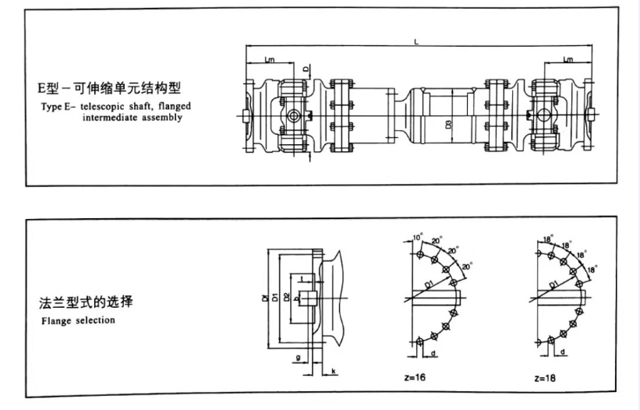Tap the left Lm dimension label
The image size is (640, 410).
[x=269, y=58]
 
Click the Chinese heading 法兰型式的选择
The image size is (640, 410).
[x=85, y=302]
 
